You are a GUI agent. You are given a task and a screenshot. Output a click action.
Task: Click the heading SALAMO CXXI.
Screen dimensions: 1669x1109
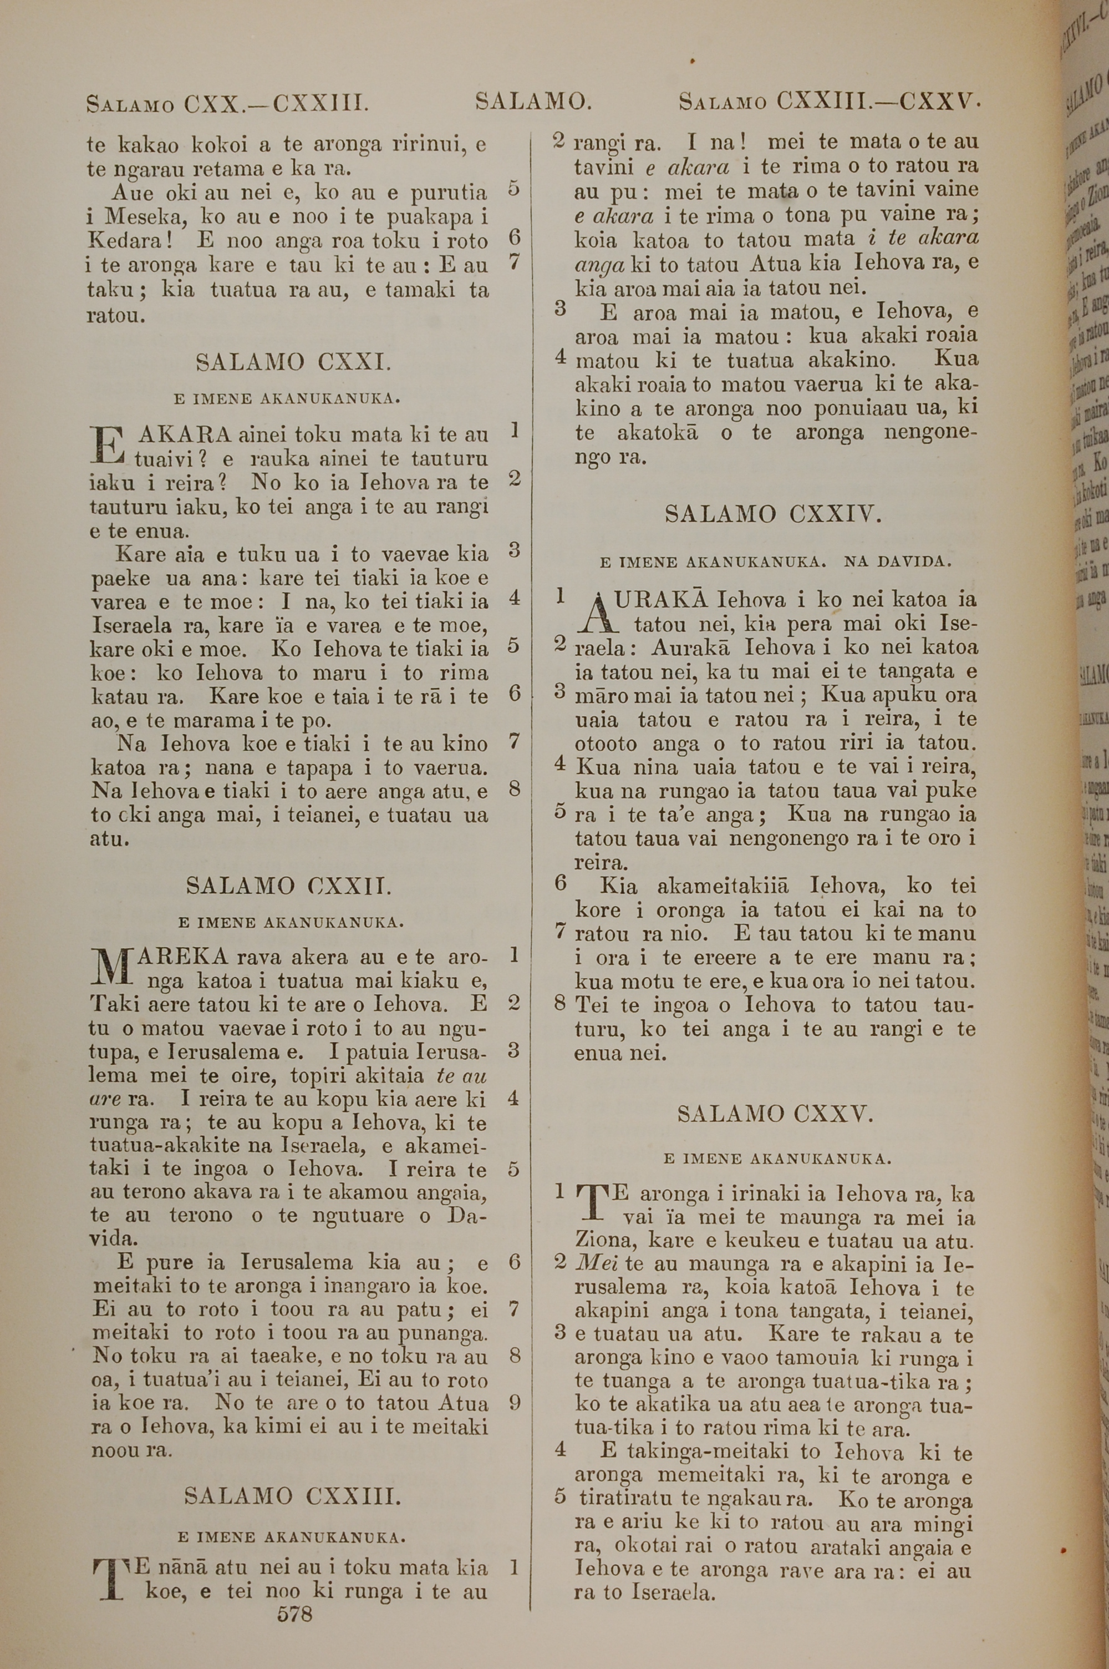coord(293,363)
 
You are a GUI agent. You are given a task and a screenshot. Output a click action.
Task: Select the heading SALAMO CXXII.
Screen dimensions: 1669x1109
coord(288,886)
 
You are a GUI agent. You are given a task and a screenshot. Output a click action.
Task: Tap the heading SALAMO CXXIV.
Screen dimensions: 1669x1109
coord(774,514)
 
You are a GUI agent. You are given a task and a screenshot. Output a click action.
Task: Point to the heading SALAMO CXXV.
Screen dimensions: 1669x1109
coord(775,1114)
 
